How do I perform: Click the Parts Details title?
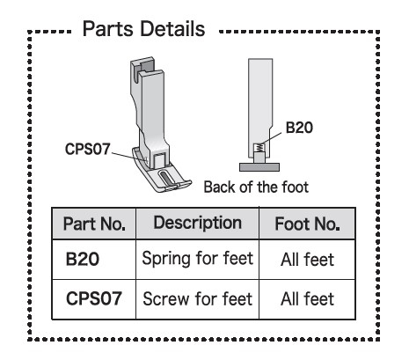pos(143,29)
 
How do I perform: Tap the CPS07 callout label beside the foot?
pos(88,149)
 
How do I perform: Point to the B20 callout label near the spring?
pos(299,128)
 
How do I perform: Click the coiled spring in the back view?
pos(258,147)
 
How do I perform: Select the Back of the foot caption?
pos(256,187)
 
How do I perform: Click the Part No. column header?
pos(94,224)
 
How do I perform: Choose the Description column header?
pos(198,223)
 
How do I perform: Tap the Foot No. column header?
pos(307,224)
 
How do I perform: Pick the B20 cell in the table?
pos(83,259)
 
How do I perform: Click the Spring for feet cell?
pos(197,259)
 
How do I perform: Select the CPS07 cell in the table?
pos(94,298)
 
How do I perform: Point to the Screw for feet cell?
pos(197,299)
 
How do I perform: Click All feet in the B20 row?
pos(307,260)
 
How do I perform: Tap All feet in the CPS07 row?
pos(307,299)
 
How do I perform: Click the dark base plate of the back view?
pos(259,167)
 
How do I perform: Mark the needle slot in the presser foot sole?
pos(165,178)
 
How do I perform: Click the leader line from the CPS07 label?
pos(128,157)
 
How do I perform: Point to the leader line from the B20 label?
pos(271,139)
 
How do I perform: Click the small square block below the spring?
pos(259,158)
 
